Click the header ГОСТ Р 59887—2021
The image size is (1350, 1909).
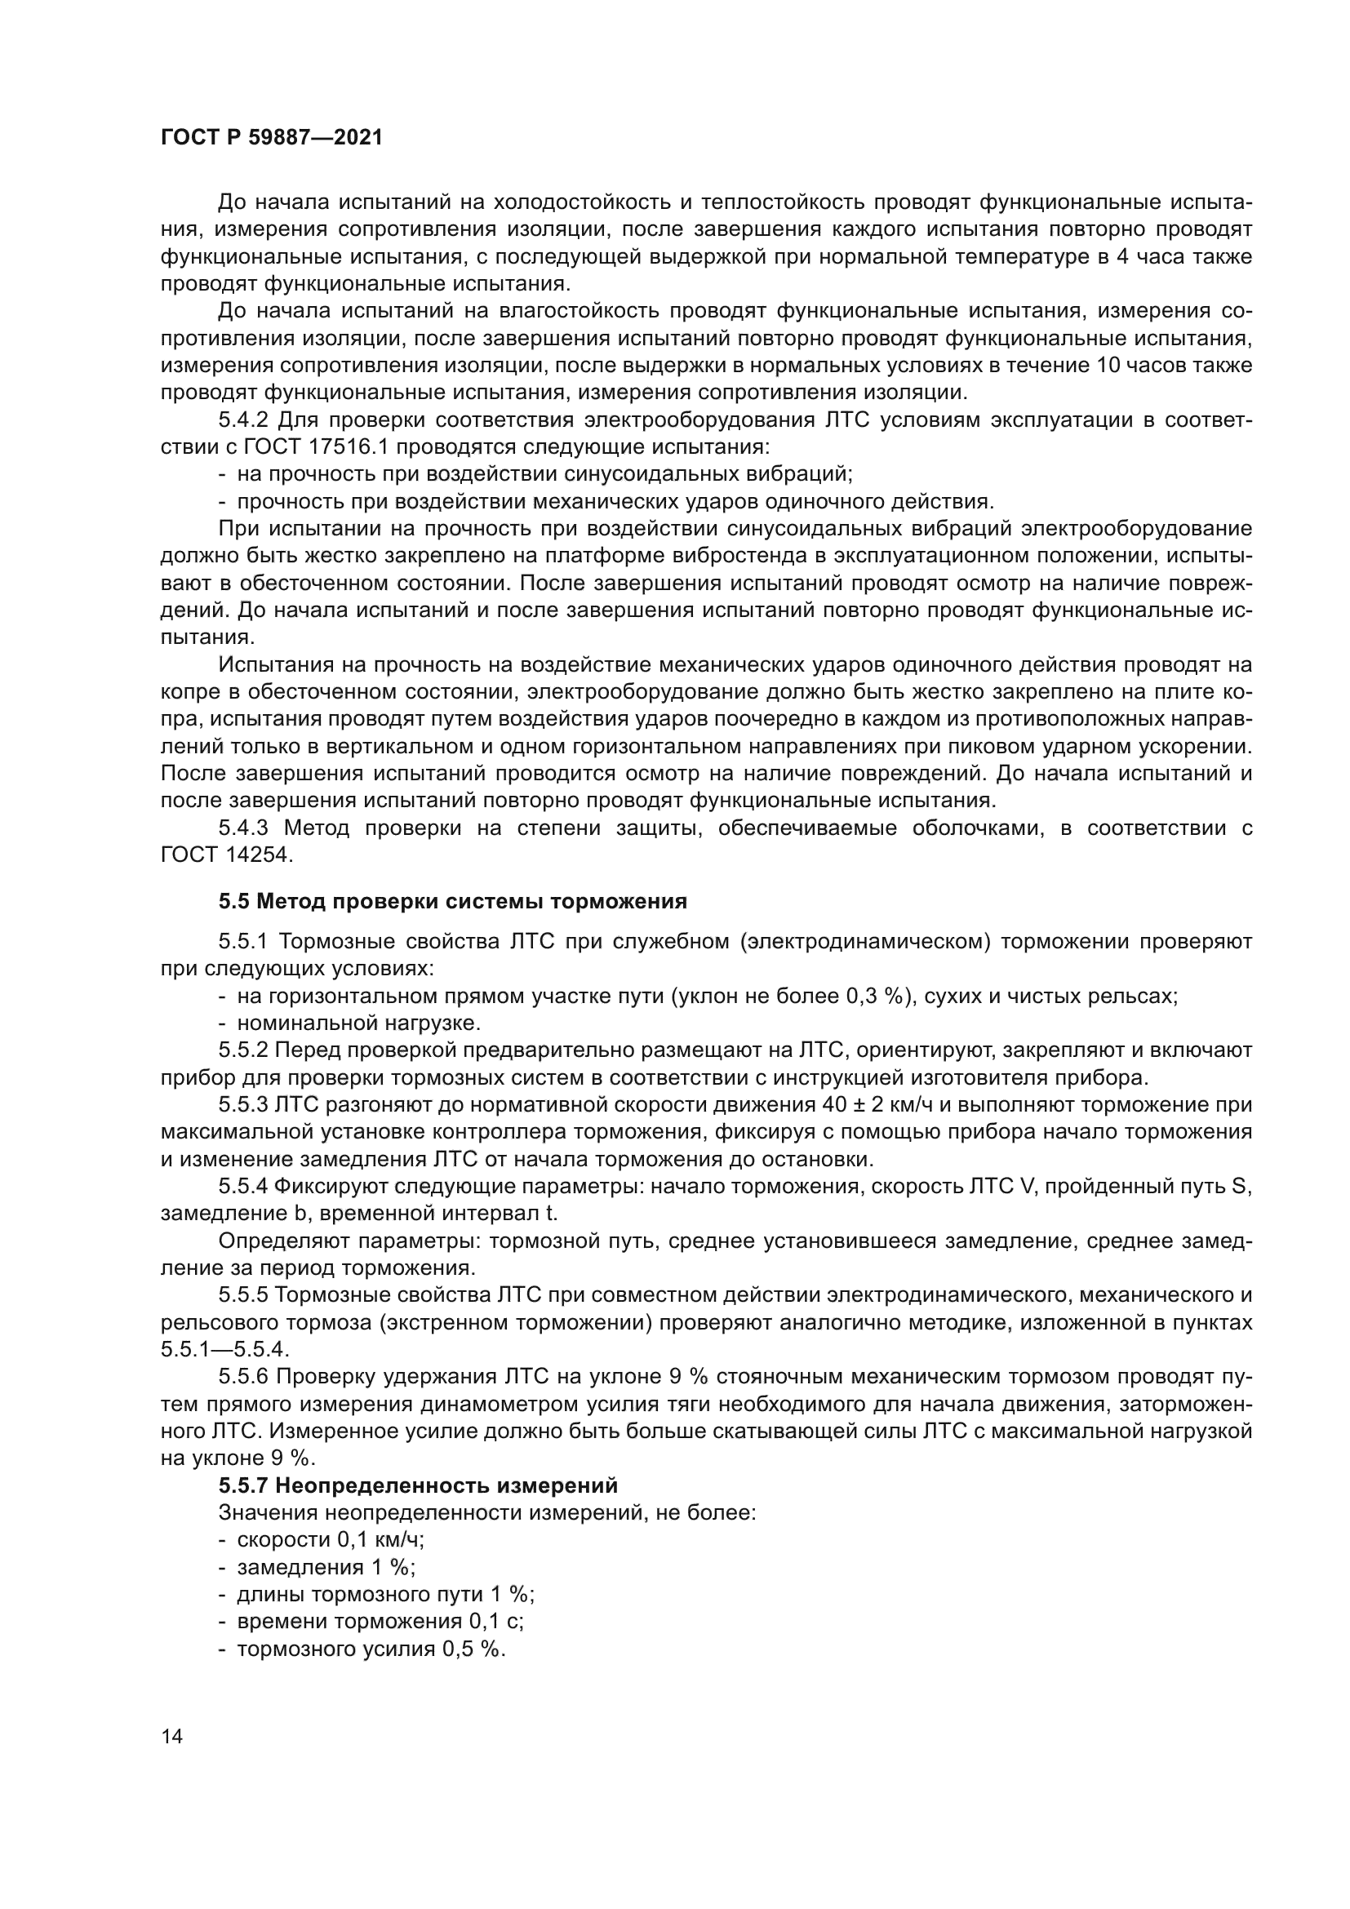pos(271,138)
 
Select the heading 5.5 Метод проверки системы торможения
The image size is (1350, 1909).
pos(453,902)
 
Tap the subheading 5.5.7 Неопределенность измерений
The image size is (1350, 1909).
pos(418,1485)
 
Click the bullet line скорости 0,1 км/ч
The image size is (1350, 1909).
pos(330,1540)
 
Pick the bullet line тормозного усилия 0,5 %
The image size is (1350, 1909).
pos(371,1649)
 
